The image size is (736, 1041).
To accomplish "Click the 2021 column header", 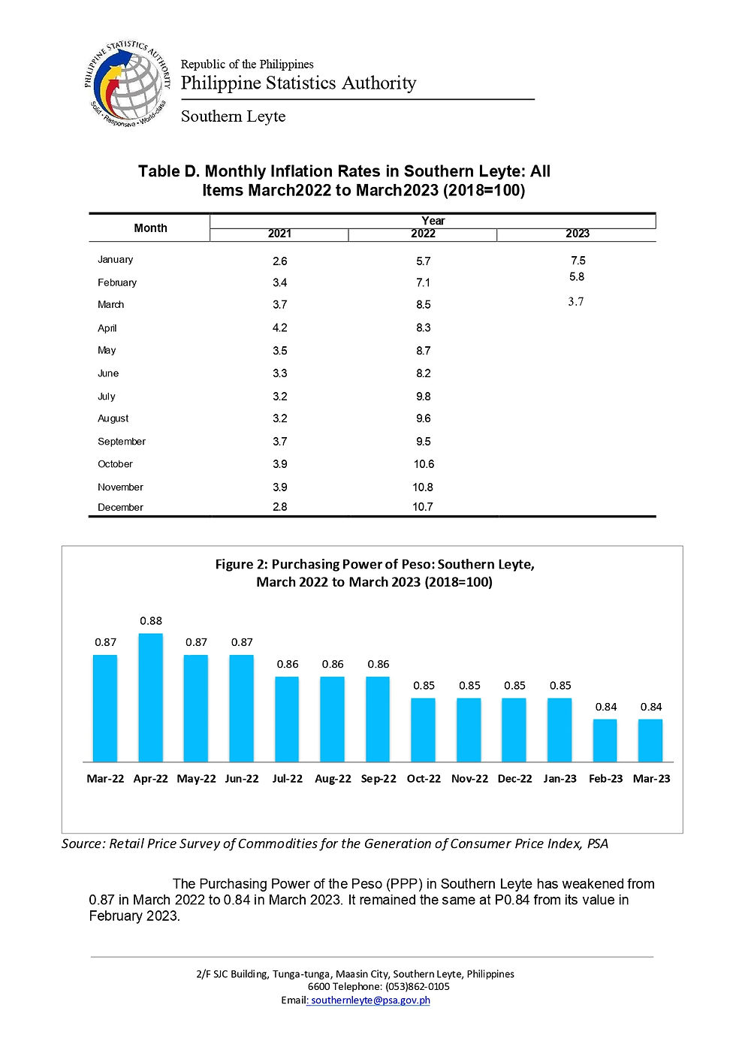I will [x=279, y=234].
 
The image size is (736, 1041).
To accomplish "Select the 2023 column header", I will [x=577, y=234].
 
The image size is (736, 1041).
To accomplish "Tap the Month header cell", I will [x=150, y=228].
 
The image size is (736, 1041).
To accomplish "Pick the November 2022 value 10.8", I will [x=423, y=487].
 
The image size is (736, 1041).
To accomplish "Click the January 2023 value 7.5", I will [x=578, y=261].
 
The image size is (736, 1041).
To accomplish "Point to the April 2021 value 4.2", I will [x=279, y=327].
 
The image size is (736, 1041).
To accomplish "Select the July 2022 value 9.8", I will [x=423, y=396].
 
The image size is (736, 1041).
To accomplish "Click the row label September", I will [x=122, y=441].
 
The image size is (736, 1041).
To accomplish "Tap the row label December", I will [x=120, y=507].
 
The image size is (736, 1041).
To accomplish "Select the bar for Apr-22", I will [x=150, y=699].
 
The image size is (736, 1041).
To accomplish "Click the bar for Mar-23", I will [x=650, y=741].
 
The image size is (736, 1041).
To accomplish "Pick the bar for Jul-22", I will [x=287, y=720].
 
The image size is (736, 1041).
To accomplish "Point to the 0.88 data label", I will [x=151, y=620].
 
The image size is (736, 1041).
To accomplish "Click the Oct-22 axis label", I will [x=424, y=778].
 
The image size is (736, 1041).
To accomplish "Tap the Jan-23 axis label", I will [x=560, y=778].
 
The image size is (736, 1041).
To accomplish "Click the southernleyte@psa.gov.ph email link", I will [x=370, y=1000].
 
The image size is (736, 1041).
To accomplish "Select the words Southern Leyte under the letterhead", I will [x=233, y=116].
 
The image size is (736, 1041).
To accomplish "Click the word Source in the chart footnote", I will [x=82, y=843].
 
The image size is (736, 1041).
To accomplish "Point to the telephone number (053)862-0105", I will [x=418, y=986].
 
